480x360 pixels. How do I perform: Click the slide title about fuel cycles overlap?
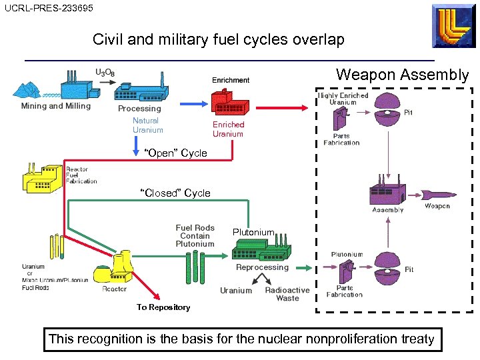point(219,39)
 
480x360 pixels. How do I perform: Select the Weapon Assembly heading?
point(402,75)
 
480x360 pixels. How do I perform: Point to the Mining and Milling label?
point(56,106)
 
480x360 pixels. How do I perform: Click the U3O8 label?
point(104,72)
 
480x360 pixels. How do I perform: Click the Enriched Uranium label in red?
point(228,129)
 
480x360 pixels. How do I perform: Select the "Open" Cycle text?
point(176,153)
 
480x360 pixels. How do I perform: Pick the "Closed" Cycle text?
point(175,193)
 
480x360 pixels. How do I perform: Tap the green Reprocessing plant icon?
point(262,249)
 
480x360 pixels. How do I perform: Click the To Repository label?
point(163,307)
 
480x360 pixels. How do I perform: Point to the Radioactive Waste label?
point(287,294)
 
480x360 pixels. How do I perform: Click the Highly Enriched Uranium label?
point(343,99)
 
